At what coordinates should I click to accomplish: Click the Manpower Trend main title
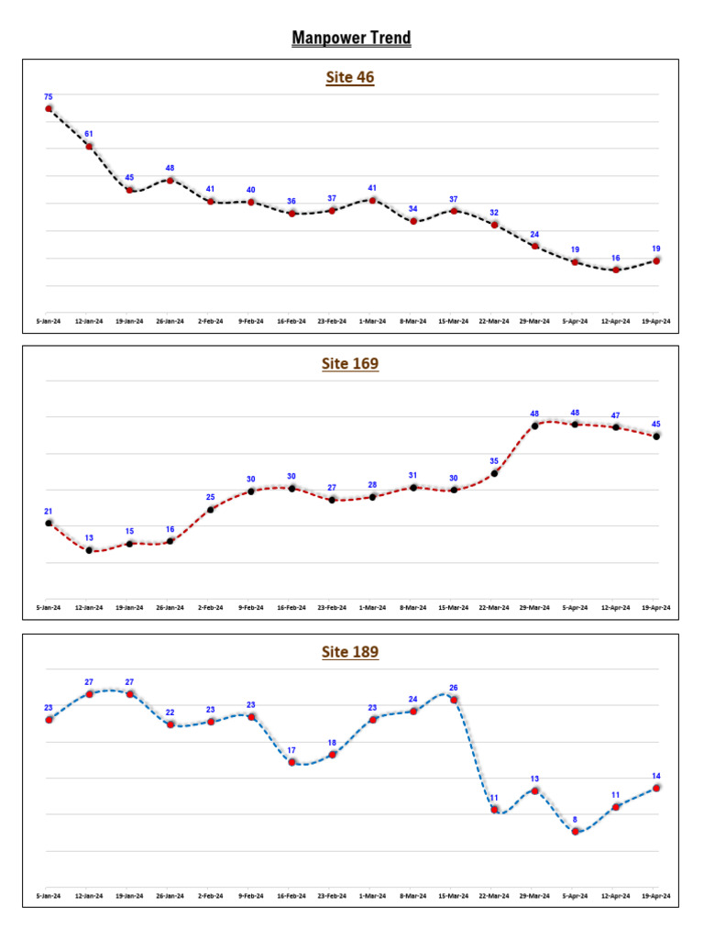[351, 38]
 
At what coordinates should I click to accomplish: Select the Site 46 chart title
[350, 78]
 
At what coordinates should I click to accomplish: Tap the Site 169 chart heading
[350, 364]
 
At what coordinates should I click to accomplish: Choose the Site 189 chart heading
[350, 653]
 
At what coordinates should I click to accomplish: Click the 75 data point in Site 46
[49, 108]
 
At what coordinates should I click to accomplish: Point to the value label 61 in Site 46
[89, 134]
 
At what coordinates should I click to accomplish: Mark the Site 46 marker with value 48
[170, 180]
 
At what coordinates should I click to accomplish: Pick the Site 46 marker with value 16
[616, 270]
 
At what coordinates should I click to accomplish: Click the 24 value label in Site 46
[534, 234]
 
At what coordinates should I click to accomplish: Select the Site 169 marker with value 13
[89, 550]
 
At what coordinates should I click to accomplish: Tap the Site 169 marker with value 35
[494, 473]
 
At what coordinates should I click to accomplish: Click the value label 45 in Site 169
[656, 425]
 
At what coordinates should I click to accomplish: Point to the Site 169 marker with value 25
[211, 510]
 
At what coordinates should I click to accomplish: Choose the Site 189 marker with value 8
[576, 832]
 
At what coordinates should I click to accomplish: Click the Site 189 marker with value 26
[454, 700]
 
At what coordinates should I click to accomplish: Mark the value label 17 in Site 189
[291, 750]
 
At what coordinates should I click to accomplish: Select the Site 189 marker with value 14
[656, 788]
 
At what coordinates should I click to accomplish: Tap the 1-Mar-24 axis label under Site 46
[372, 321]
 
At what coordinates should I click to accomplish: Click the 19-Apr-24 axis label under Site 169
[656, 607]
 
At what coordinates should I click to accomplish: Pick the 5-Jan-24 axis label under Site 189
[49, 896]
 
